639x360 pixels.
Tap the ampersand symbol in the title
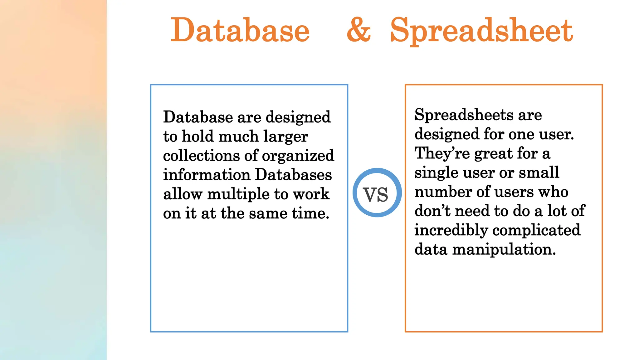[x=359, y=30]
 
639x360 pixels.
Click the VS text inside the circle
[x=376, y=194]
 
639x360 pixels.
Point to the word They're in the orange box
[x=442, y=153]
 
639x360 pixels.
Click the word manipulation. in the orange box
[x=504, y=249]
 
